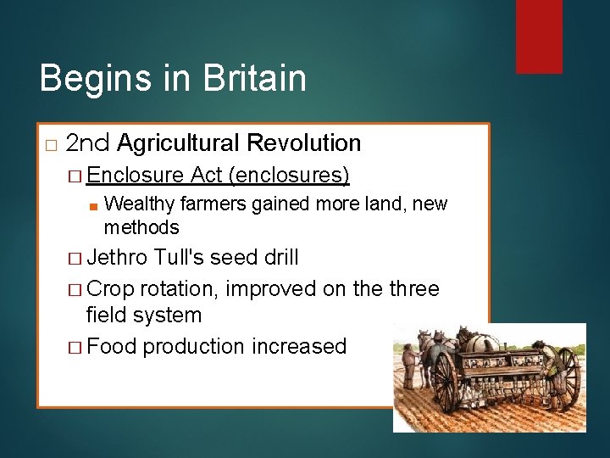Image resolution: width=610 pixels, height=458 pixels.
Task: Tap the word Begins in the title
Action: (92, 78)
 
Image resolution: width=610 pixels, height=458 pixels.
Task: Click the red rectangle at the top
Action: (540, 36)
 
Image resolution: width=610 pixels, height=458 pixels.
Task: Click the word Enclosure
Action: (135, 175)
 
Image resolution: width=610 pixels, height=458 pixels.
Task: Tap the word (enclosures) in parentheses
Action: (289, 175)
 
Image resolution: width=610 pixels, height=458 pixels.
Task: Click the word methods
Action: (141, 227)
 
